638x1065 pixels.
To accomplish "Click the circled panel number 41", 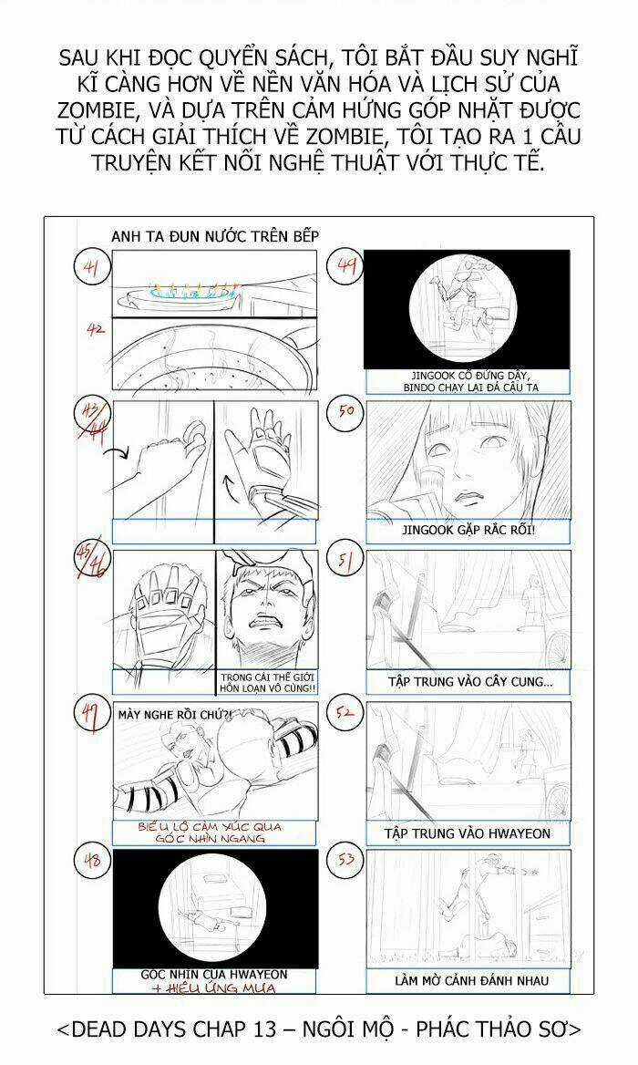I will tap(91, 269).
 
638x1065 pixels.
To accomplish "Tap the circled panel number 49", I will tap(347, 268).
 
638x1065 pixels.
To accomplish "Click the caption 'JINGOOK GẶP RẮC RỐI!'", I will tap(468, 530).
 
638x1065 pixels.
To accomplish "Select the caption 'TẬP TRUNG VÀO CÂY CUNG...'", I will tap(468, 681).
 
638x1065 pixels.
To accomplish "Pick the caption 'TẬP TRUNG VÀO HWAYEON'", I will tap(468, 832).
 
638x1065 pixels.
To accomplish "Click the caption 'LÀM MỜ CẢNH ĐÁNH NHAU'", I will tap(468, 980).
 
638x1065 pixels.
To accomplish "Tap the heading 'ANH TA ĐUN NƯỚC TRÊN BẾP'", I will tap(215, 236).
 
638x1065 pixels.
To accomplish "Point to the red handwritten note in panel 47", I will tap(215, 832).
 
